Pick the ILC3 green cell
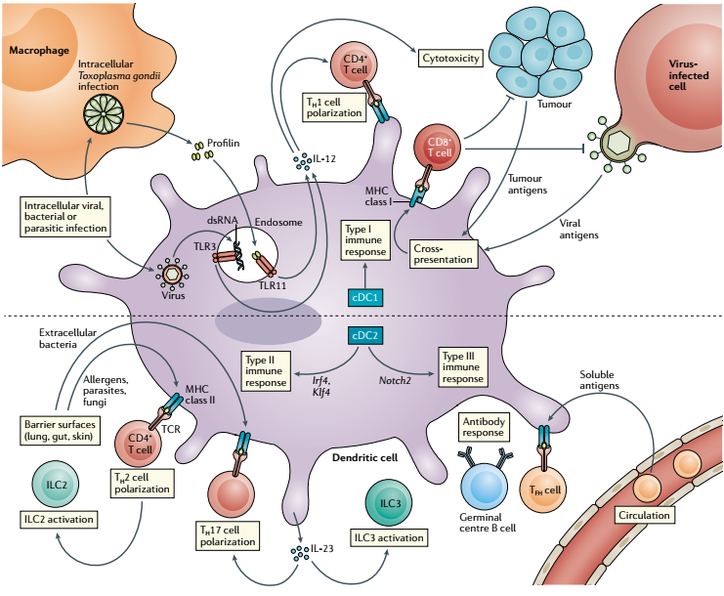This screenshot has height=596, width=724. pyautogui.click(x=391, y=502)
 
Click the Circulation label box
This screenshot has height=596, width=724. pyautogui.click(x=650, y=514)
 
